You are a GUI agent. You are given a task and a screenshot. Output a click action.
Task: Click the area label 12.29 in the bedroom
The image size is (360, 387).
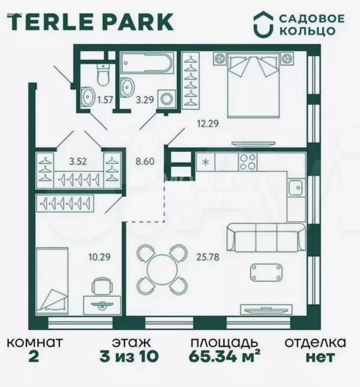pos(208,121)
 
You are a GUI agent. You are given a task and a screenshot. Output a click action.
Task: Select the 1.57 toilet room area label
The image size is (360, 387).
pos(105,100)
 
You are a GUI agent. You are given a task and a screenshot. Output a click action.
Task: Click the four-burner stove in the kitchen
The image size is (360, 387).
pos(247,162)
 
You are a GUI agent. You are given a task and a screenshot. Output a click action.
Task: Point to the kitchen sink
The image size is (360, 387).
pos(295,188)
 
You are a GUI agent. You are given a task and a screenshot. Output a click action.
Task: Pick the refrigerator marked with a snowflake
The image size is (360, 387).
pos(206,162)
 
